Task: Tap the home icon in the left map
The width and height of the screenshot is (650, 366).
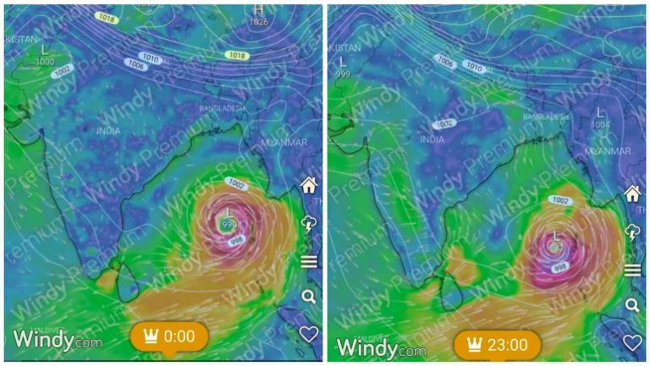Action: [x=308, y=185]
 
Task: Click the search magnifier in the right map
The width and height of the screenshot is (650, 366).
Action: [x=632, y=305]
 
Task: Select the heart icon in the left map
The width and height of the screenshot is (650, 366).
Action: [x=309, y=334]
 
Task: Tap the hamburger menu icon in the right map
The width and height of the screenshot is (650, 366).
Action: [x=632, y=270]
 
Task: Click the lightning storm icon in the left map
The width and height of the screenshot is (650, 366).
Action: [x=308, y=223]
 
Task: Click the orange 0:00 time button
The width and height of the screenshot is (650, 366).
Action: [x=169, y=336]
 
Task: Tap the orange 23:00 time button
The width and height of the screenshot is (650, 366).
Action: [x=497, y=346]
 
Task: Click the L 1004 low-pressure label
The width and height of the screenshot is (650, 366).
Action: [x=600, y=117]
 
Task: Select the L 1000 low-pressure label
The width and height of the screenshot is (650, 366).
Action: [x=44, y=55]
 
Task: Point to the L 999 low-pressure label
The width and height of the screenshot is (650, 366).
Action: [x=343, y=67]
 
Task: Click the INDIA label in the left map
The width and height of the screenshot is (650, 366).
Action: [x=108, y=131]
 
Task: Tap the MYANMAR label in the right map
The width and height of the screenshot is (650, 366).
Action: [x=608, y=150]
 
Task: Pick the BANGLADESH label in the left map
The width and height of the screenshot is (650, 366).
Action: [x=223, y=109]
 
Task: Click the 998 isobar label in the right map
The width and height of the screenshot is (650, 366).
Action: [x=560, y=267]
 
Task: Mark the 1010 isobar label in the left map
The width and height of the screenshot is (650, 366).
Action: [x=150, y=57]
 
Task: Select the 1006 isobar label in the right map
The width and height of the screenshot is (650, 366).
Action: [x=445, y=60]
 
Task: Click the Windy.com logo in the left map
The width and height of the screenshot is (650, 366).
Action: [x=58, y=341]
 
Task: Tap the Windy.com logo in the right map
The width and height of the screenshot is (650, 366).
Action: [x=381, y=347]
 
